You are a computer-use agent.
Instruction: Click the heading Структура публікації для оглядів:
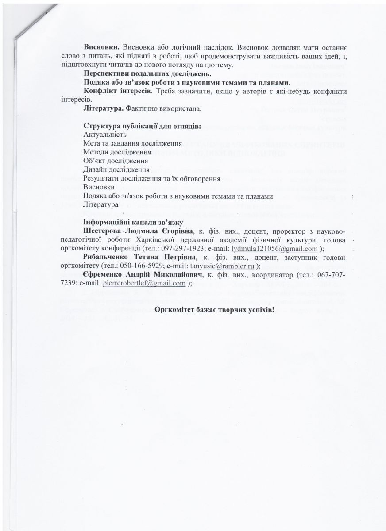142,126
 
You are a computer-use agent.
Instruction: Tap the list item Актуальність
105,135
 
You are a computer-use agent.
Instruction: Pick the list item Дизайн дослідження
116,169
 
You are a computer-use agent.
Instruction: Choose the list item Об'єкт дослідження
116,161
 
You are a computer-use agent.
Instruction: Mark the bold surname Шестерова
103,231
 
